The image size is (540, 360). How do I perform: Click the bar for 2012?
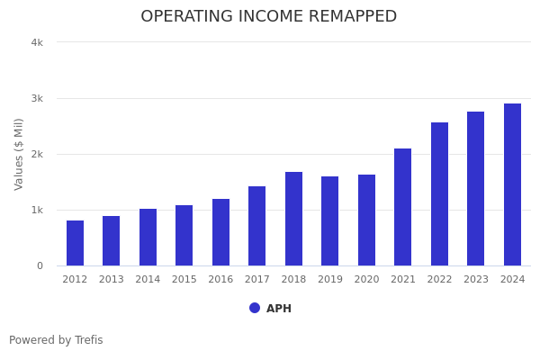(x=75, y=243)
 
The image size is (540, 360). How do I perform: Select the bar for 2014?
(x=148, y=238)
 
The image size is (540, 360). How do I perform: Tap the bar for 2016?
(x=220, y=232)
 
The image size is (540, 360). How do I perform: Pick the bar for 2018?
(x=293, y=219)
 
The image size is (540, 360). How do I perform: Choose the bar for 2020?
(x=366, y=220)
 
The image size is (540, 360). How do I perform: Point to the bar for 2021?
(x=402, y=207)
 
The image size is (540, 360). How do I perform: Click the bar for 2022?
(x=439, y=194)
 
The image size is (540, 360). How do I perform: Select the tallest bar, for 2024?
(x=512, y=184)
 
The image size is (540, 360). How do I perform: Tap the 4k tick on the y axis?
(x=37, y=42)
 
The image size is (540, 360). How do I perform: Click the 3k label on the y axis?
(x=37, y=98)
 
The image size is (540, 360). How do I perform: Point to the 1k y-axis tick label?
(x=37, y=210)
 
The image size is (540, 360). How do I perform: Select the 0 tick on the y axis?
(x=40, y=265)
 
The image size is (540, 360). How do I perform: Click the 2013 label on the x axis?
(x=111, y=280)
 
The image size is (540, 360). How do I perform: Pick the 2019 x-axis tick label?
(x=329, y=280)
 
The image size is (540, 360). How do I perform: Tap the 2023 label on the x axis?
(x=475, y=280)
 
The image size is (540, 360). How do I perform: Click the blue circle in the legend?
(x=255, y=308)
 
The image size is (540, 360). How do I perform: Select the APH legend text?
(x=279, y=309)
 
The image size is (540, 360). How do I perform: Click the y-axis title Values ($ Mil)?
(x=19, y=154)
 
